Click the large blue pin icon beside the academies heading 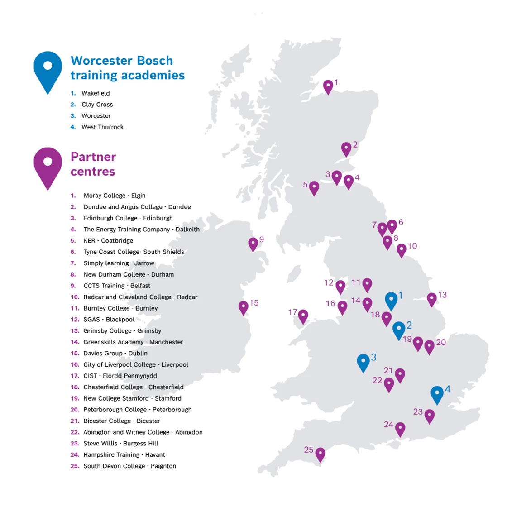pos(48,70)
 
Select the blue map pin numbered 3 pos(363,362)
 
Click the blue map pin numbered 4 pos(437,394)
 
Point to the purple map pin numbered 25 pos(320,454)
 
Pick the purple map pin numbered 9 pos(253,244)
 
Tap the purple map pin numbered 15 pos(244,307)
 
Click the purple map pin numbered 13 pos(432,299)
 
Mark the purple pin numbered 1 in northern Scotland pos(328,86)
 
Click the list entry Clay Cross pos(97,105)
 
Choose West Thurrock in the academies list pos(102,127)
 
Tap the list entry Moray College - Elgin pos(115,196)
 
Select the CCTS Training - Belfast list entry pos(117,286)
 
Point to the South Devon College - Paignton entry pos(129,466)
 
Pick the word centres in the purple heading pos(93,172)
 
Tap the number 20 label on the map pos(441,342)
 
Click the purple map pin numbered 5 pos(314,188)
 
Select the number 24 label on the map pos(388,424)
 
